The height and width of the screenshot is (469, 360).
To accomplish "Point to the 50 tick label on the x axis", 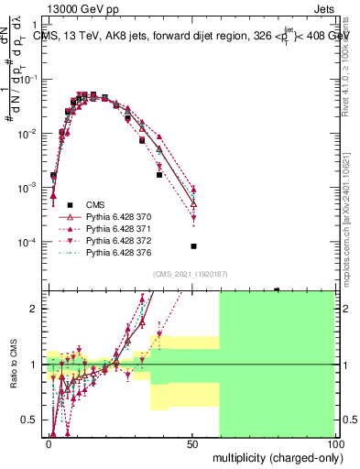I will point(191,442).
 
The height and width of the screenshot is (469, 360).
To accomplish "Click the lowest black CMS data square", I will point(193,246).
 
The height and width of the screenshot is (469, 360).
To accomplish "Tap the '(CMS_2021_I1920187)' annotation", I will point(191,274).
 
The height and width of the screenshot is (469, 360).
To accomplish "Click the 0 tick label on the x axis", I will point(49,442).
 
